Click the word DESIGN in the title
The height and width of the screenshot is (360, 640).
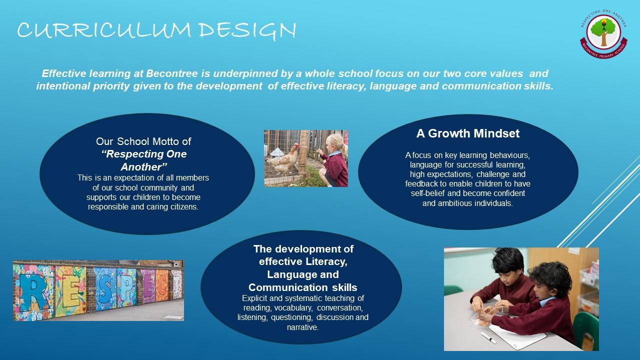pos(247,31)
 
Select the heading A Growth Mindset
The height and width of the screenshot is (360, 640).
pos(467,133)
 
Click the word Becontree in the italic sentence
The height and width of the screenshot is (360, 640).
pos(171,73)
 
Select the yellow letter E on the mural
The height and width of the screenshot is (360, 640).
pos(71,292)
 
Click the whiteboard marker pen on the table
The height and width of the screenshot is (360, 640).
pos(488,337)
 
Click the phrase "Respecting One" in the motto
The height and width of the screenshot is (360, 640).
pos(144,154)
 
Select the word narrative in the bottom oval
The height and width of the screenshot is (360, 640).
pos(302,327)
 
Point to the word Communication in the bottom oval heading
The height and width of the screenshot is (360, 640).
pos(288,287)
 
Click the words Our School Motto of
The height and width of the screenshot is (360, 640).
pos(143,141)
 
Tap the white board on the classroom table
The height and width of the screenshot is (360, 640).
pos(517,337)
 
